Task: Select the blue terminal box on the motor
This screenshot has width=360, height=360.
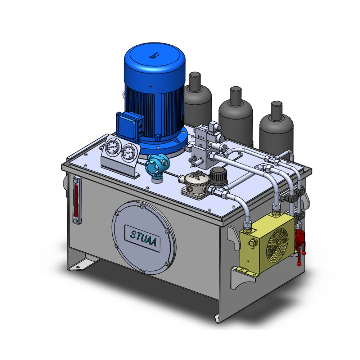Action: click(x=128, y=124)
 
